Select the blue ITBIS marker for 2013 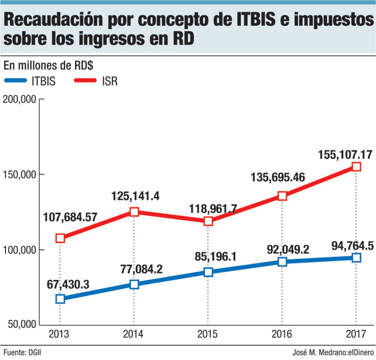tap(60, 299)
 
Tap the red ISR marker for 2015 tap(208, 221)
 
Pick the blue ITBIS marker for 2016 tap(282, 261)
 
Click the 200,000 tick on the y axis tap(20, 99)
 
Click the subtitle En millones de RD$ tap(48, 65)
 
